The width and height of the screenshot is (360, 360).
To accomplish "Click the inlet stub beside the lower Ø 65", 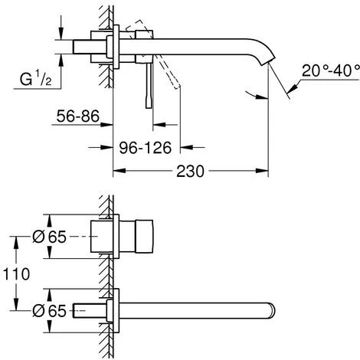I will pyautogui.click(x=84, y=311).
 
